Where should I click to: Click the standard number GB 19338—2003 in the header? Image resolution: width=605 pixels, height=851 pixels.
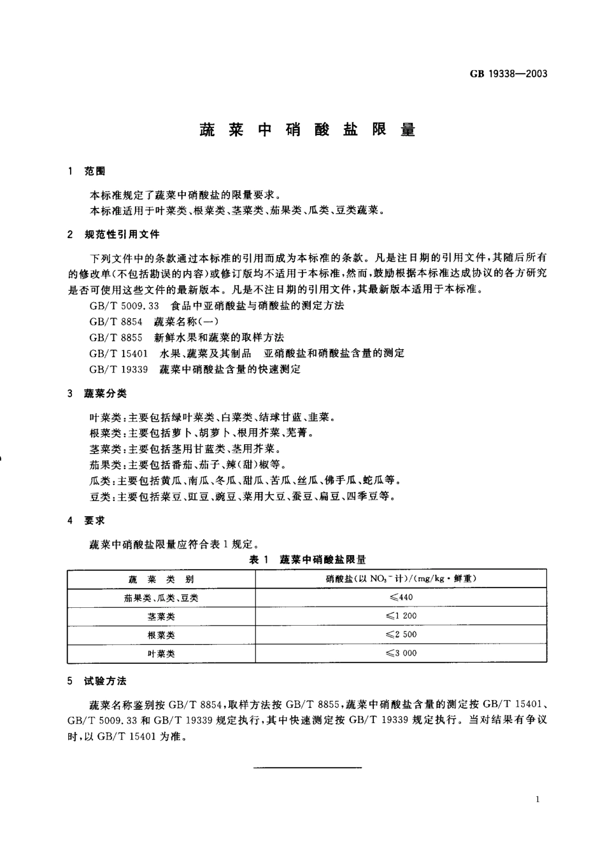(x=508, y=73)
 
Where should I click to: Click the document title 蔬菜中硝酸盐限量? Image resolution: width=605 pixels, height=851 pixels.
(x=307, y=130)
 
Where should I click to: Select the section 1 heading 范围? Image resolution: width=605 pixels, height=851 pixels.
(x=95, y=171)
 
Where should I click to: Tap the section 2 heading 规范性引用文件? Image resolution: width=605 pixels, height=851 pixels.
(x=122, y=235)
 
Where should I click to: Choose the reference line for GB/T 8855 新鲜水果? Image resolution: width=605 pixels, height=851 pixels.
(x=187, y=337)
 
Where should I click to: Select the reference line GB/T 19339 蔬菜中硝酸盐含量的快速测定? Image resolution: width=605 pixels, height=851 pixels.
(x=195, y=369)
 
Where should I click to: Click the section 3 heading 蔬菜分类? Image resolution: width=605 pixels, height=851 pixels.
(x=105, y=395)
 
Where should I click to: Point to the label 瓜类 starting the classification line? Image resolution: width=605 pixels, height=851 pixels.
(x=99, y=481)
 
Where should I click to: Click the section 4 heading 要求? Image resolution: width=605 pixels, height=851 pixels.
(x=94, y=521)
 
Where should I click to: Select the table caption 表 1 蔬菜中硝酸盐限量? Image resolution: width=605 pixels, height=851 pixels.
(x=307, y=560)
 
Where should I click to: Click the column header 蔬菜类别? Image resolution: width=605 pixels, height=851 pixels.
(x=161, y=579)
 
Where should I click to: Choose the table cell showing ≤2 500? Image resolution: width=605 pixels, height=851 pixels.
(x=401, y=635)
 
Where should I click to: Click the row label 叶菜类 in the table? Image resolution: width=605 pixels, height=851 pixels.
(x=161, y=653)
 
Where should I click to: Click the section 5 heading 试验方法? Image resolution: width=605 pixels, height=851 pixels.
(x=105, y=681)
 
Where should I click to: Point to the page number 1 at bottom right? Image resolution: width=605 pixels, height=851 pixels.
(x=538, y=799)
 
